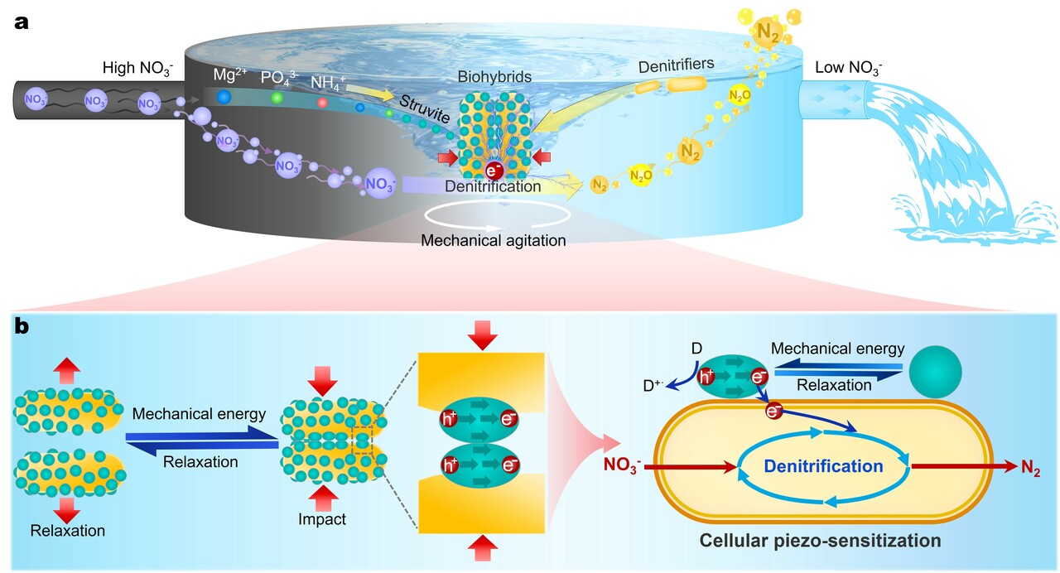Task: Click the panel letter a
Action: (22, 22)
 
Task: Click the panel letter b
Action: (22, 327)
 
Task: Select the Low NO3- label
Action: (849, 67)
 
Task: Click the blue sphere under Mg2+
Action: (223, 98)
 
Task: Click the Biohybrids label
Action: (494, 77)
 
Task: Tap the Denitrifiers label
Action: (675, 63)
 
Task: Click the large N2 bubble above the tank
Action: (768, 31)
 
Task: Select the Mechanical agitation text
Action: (494, 242)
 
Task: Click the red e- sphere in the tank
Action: (494, 171)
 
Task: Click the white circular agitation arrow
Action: (497, 216)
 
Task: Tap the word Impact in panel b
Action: (322, 520)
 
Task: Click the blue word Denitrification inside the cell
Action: (823, 466)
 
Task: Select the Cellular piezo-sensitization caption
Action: (820, 541)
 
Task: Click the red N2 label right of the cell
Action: (1031, 467)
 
